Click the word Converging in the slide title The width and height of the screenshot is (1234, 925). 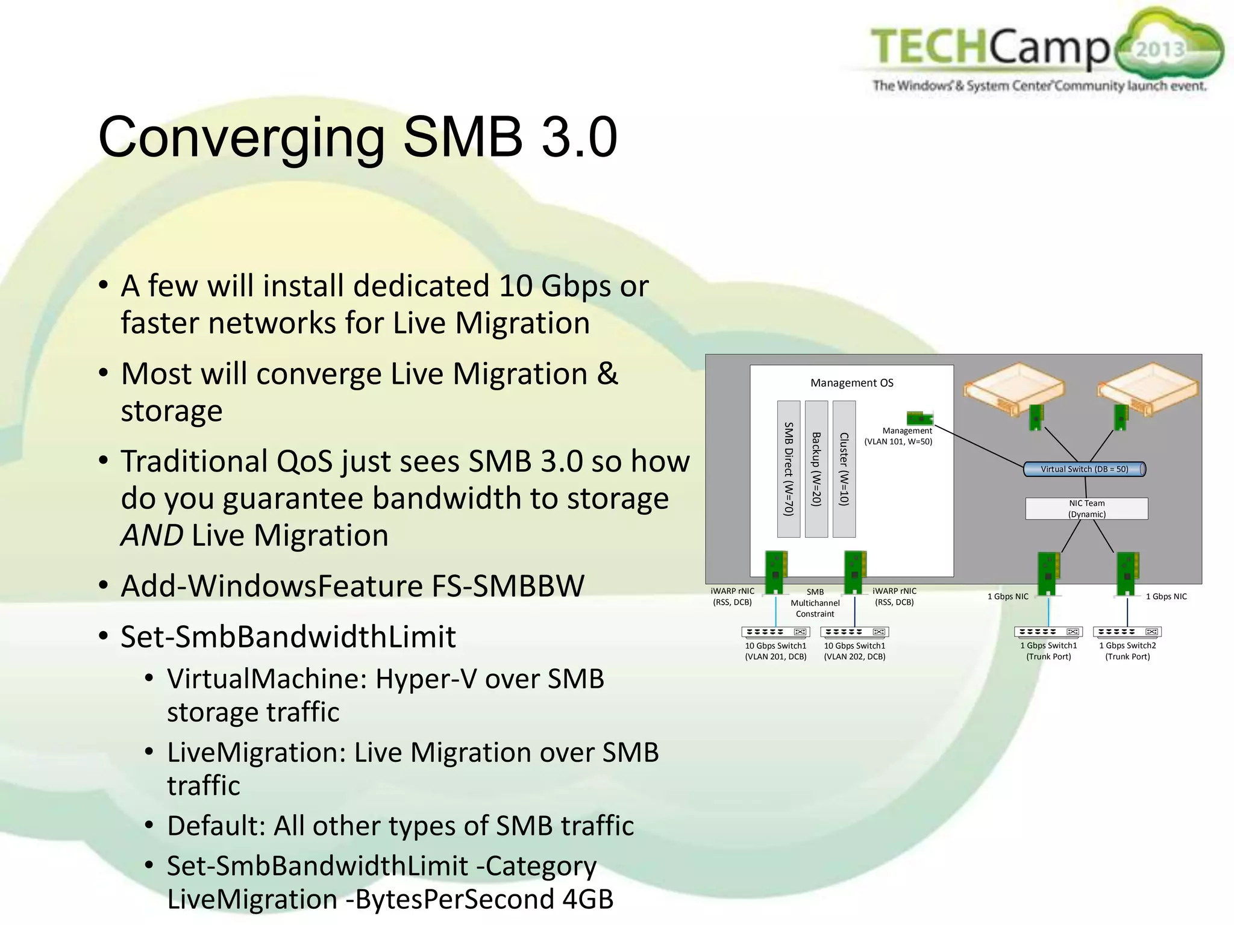(241, 138)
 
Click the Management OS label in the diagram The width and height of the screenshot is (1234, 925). (851, 383)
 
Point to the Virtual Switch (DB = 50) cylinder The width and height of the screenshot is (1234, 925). (1084, 469)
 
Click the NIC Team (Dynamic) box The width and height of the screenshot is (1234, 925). (1086, 509)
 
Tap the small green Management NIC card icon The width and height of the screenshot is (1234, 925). (919, 418)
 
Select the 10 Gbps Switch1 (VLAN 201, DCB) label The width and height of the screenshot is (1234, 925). (775, 651)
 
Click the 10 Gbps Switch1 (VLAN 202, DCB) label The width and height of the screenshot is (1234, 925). (854, 651)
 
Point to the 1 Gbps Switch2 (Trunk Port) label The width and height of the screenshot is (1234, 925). (1127, 651)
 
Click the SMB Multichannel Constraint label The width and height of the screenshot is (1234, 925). (815, 603)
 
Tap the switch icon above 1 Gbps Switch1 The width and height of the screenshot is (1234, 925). (1048, 632)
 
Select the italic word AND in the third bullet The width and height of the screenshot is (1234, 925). (152, 535)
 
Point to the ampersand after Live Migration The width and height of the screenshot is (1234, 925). (607, 374)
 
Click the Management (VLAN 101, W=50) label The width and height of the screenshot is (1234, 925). (898, 436)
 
